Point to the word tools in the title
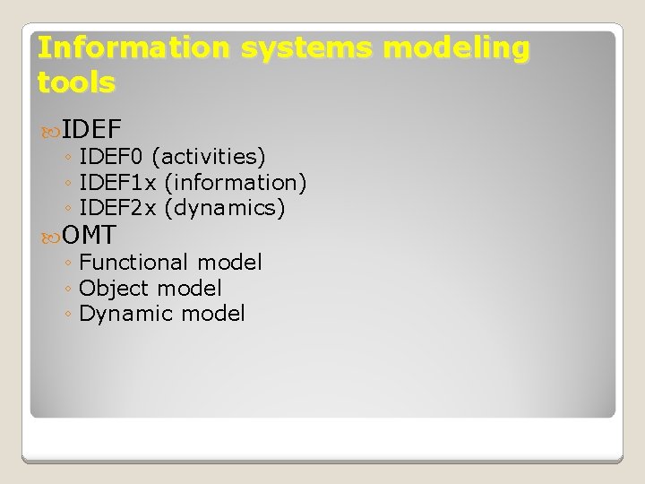77,83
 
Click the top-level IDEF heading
92,128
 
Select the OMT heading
90,236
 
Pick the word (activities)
209,158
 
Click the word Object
114,289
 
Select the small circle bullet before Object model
68,290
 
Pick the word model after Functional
229,263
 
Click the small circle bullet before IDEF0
68,159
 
